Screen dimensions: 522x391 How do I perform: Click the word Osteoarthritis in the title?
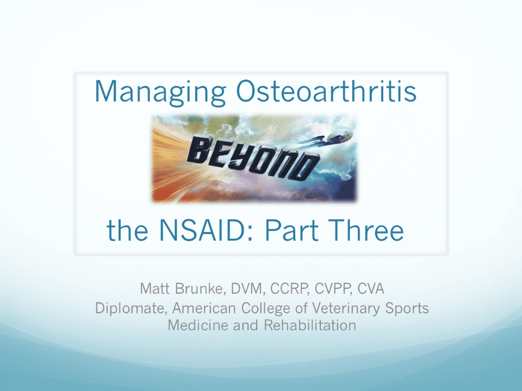pos(326,91)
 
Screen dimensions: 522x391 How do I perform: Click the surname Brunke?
pos(200,288)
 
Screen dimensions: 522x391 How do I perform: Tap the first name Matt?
pos(154,288)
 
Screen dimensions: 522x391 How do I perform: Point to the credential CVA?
pos(371,288)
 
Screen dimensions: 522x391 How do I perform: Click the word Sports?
pos(407,308)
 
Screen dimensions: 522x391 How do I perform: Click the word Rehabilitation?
pos(309,325)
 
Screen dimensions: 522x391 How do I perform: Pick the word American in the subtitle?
pos(204,308)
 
